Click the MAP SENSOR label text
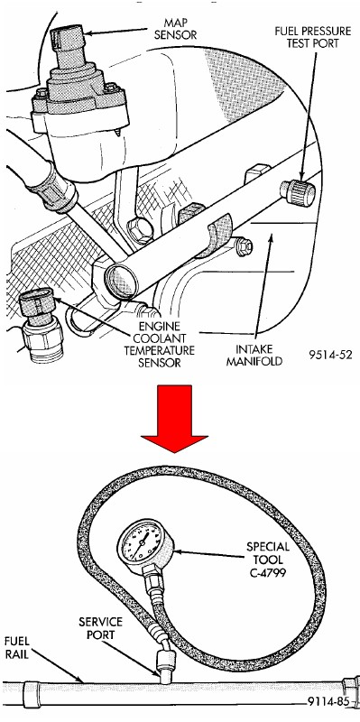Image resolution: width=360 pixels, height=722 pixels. pyautogui.click(x=175, y=29)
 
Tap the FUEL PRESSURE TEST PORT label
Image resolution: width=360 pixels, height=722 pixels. pyautogui.click(x=313, y=37)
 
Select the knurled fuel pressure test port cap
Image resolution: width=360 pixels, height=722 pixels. pyautogui.click(x=299, y=193)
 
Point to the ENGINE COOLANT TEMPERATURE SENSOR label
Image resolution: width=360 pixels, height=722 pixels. pyautogui.click(x=160, y=345)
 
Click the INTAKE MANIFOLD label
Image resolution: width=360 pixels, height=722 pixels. pyautogui.click(x=254, y=355)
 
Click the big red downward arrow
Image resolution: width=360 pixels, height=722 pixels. pyautogui.click(x=174, y=418)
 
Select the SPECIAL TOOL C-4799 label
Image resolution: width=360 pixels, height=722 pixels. pyautogui.click(x=268, y=560)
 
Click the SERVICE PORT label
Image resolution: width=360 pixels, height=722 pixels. pyautogui.click(x=100, y=628)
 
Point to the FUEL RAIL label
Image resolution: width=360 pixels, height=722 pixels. pyautogui.click(x=17, y=647)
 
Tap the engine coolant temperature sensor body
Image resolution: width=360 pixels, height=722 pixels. pyautogui.click(x=41, y=324)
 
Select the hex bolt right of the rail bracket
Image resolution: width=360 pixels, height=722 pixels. pyautogui.click(x=243, y=246)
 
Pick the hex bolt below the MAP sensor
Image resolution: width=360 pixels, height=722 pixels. pyautogui.click(x=140, y=230)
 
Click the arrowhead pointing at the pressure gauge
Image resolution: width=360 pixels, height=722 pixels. pyautogui.click(x=177, y=551)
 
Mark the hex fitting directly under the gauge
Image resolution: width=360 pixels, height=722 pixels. pyautogui.click(x=152, y=575)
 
